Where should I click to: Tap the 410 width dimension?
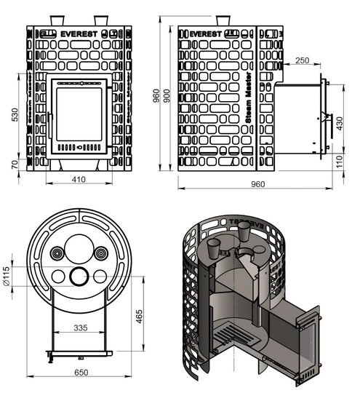tap(78, 178)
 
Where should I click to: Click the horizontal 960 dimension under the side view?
tap(257, 184)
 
